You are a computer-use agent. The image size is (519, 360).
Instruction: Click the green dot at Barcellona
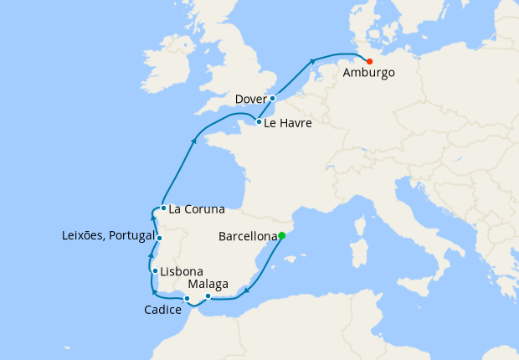pyautogui.click(x=282, y=236)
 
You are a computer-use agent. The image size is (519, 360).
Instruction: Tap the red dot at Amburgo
pyautogui.click(x=369, y=60)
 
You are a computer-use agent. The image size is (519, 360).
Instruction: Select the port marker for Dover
pyautogui.click(x=272, y=99)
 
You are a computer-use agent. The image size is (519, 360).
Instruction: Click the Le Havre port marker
pyautogui.click(x=259, y=122)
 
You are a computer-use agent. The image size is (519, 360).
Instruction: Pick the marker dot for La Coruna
pyautogui.click(x=163, y=208)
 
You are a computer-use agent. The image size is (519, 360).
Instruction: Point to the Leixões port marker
pyautogui.click(x=159, y=239)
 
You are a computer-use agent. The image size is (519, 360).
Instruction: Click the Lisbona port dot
pyautogui.click(x=155, y=271)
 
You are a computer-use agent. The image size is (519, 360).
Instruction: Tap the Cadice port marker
pyautogui.click(x=188, y=299)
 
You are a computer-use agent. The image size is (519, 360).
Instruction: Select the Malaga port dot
pyautogui.click(x=208, y=296)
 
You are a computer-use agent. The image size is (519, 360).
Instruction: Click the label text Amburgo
pyautogui.click(x=369, y=73)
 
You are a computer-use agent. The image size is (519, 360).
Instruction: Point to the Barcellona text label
pyautogui.click(x=247, y=237)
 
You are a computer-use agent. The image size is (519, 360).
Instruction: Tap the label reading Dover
pyautogui.click(x=250, y=99)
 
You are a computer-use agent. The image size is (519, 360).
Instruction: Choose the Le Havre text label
pyautogui.click(x=288, y=123)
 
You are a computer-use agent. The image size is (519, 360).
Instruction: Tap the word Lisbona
pyautogui.click(x=181, y=272)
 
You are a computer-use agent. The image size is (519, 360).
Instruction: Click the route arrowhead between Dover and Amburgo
pyautogui.click(x=312, y=60)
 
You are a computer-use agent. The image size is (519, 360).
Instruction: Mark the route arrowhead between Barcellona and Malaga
pyautogui.click(x=246, y=291)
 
